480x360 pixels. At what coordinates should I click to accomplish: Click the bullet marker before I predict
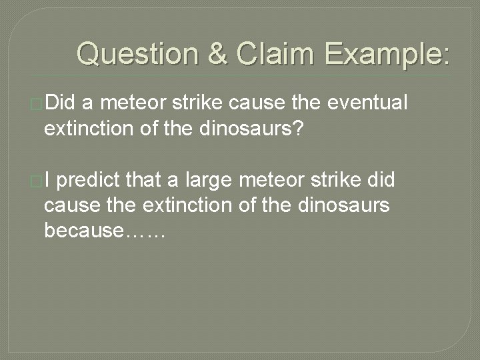click(x=38, y=180)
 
